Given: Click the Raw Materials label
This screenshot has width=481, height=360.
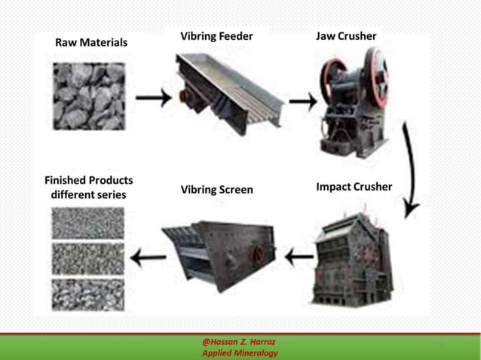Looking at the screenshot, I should (x=91, y=43).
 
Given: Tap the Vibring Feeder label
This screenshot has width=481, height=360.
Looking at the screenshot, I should (x=216, y=36).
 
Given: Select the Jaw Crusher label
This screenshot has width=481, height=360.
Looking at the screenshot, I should (x=346, y=36).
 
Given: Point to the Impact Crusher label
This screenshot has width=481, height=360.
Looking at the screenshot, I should (x=354, y=187).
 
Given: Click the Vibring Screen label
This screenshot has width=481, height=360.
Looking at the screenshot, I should (x=216, y=190).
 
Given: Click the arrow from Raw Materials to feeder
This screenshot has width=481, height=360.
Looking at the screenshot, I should (x=153, y=98).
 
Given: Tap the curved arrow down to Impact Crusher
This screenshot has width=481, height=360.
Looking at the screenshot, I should (x=411, y=169).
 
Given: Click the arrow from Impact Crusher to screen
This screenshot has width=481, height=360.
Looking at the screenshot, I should (x=299, y=258).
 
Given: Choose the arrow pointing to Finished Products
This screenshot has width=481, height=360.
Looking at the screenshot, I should (x=148, y=258).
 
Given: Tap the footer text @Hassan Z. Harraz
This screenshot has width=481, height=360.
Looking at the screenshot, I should (x=239, y=342).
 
